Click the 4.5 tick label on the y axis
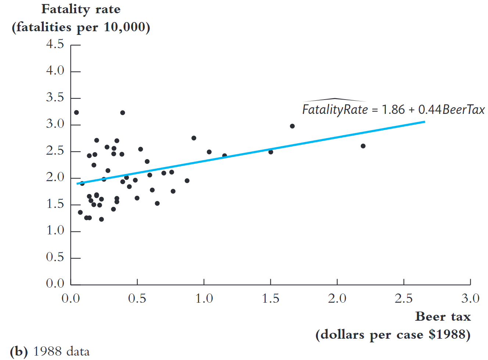(55, 44)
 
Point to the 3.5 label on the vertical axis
(55, 97)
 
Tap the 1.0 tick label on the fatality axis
(55, 230)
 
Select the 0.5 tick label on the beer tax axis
(137, 298)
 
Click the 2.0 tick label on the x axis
(337, 298)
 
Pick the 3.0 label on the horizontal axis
(470, 298)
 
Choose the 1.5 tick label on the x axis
(270, 298)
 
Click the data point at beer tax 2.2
(363, 146)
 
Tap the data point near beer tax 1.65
(292, 126)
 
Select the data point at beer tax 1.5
(271, 152)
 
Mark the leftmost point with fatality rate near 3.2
(76, 112)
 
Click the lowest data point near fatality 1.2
(101, 219)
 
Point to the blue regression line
(257, 151)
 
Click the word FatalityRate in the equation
(335, 109)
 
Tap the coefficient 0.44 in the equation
(430, 109)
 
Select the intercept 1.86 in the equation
(393, 109)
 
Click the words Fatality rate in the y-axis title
(81, 9)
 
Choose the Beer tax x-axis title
(443, 316)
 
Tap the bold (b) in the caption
(19, 352)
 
